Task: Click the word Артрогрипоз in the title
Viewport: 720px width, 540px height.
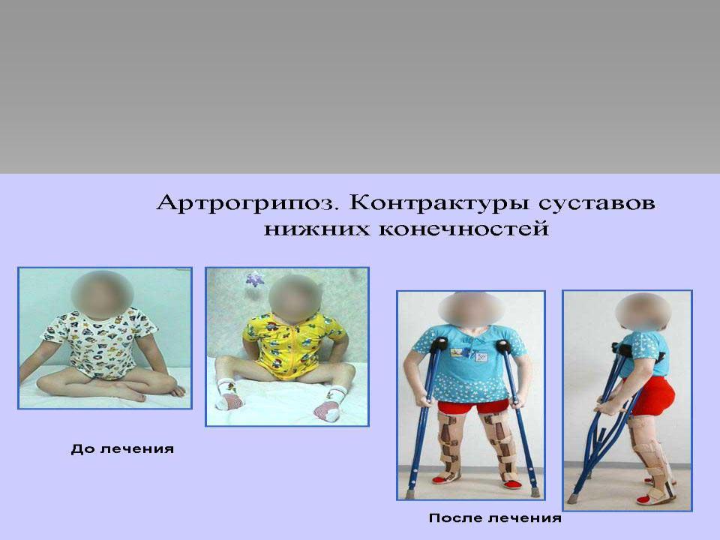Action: [x=247, y=204]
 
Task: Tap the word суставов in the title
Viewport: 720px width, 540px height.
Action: [x=597, y=203]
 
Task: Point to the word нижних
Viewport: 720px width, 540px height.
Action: [x=316, y=228]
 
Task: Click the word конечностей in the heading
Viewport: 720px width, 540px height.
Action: [x=463, y=228]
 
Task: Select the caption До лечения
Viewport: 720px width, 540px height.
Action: [x=122, y=448]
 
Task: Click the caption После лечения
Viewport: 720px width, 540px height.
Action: [x=495, y=518]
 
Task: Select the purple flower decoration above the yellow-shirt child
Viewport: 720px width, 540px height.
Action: [x=254, y=279]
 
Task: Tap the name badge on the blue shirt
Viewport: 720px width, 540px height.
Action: [x=481, y=356]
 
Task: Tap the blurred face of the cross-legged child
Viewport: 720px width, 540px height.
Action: [x=102, y=294]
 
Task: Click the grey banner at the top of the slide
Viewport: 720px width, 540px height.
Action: [x=360, y=87]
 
